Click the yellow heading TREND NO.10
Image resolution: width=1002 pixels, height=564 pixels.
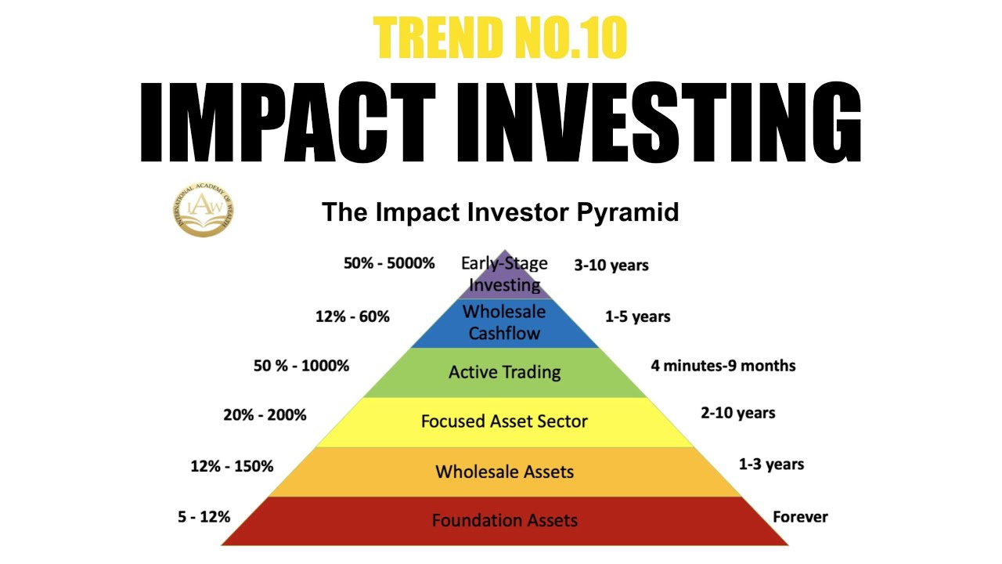pyautogui.click(x=500, y=37)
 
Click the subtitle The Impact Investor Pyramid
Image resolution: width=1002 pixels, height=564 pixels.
pyautogui.click(x=500, y=212)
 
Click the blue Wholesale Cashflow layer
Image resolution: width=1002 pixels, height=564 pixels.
pyautogui.click(x=504, y=322)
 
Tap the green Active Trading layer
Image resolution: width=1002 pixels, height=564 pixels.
pyautogui.click(x=504, y=372)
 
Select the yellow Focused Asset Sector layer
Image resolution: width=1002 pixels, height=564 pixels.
pyautogui.click(x=504, y=421)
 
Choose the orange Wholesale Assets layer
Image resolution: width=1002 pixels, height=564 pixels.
pyautogui.click(x=504, y=472)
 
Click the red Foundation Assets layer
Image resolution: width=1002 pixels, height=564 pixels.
pyautogui.click(x=504, y=520)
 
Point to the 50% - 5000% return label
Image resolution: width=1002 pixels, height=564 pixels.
pyautogui.click(x=389, y=264)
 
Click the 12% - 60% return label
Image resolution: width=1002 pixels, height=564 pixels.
pyautogui.click(x=352, y=316)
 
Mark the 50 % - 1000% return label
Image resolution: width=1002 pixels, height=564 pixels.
pyautogui.click(x=301, y=366)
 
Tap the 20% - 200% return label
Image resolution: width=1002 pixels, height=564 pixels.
pyautogui.click(x=265, y=415)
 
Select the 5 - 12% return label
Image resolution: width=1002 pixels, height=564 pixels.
pyautogui.click(x=204, y=517)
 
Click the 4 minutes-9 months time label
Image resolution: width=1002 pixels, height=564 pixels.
pyautogui.click(x=723, y=366)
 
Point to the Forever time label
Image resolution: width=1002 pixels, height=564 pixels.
pyautogui.click(x=800, y=517)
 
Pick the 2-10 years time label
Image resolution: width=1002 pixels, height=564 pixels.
pyautogui.click(x=737, y=413)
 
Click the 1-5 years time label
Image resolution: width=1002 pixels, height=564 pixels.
pyautogui.click(x=637, y=316)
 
